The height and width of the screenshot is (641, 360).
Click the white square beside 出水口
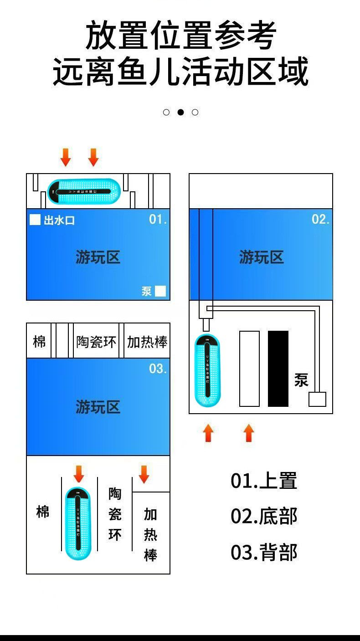[35, 220]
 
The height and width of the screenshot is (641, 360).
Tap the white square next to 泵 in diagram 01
[160, 291]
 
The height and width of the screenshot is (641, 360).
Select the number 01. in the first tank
[158, 219]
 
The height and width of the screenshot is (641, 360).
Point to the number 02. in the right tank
[320, 219]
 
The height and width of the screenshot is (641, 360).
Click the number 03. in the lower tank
[158, 369]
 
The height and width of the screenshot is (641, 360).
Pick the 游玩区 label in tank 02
[261, 257]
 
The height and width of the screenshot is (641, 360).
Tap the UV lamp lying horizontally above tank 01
[84, 191]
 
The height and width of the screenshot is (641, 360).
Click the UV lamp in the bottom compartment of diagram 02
[207, 370]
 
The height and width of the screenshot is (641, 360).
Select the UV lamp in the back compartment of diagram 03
[78, 523]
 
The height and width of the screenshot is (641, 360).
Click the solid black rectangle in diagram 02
[278, 369]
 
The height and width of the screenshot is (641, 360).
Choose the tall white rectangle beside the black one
[249, 369]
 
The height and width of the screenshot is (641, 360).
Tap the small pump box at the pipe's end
[317, 399]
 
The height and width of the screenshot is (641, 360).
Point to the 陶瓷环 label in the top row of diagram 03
[96, 342]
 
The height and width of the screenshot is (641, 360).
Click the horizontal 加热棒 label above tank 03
[147, 342]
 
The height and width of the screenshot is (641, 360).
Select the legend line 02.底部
[264, 516]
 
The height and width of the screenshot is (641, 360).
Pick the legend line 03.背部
[264, 552]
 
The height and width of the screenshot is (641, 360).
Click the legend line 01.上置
[264, 481]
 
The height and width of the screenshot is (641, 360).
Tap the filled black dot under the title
[180, 112]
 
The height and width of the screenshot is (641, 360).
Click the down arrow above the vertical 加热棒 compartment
[144, 474]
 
